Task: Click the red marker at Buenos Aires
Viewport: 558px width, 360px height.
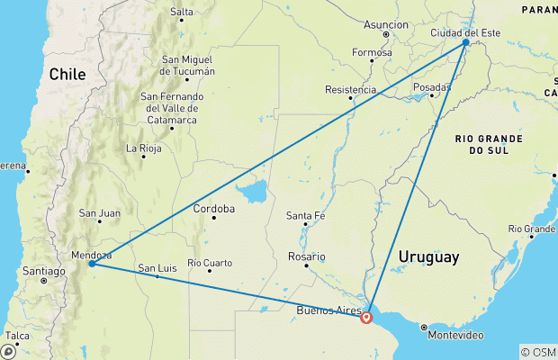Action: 366,317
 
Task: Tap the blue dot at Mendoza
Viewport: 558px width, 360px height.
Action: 92,264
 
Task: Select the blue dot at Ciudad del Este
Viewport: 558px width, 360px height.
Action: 465,42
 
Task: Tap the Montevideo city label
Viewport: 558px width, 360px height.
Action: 454,335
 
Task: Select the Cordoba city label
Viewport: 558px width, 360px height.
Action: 215,209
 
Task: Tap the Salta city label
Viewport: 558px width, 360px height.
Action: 181,12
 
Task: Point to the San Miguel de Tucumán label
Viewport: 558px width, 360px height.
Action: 188,66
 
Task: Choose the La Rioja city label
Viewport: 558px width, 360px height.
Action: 143,148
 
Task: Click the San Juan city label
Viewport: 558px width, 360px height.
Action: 100,213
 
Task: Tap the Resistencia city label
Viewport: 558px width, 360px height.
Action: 351,90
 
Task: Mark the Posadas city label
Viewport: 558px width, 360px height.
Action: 430,86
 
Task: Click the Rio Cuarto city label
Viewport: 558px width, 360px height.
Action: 210,263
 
